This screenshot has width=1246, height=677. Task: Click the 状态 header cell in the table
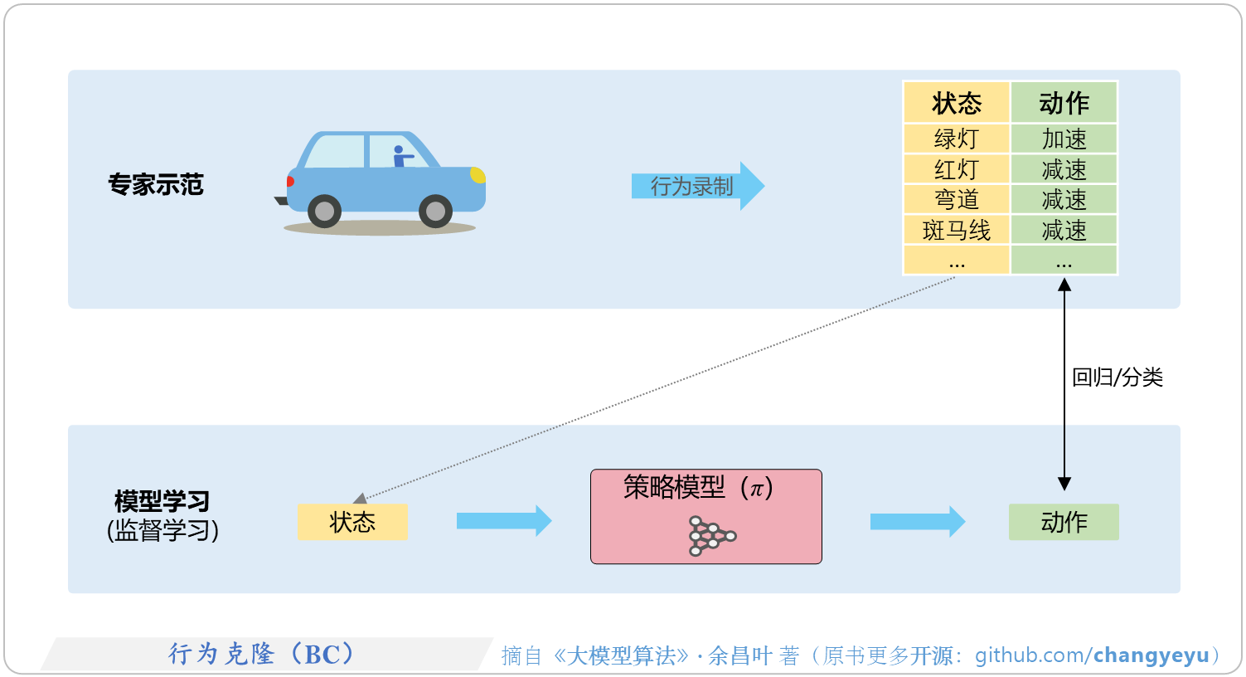(956, 103)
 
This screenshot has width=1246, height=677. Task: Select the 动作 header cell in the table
(1064, 103)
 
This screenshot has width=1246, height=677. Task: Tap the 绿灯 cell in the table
(956, 139)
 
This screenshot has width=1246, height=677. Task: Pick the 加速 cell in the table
(1064, 139)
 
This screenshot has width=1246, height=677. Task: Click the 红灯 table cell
(956, 169)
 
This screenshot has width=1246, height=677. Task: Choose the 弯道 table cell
(956, 200)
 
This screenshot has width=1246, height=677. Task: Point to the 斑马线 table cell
(956, 231)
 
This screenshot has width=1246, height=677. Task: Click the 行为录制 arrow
(696, 186)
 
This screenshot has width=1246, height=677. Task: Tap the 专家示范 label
(156, 184)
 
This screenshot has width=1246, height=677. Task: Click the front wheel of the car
(435, 212)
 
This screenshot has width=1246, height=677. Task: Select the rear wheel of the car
(324, 212)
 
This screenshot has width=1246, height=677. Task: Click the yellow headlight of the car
(478, 175)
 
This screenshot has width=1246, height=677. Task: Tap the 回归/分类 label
(1117, 377)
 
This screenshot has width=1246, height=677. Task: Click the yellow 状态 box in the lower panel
(352, 522)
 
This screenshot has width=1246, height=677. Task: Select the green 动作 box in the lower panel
(1064, 522)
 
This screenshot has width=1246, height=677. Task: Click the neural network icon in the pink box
(710, 536)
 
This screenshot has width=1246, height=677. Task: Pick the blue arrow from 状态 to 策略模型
(503, 521)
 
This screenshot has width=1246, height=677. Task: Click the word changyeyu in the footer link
(1151, 655)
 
